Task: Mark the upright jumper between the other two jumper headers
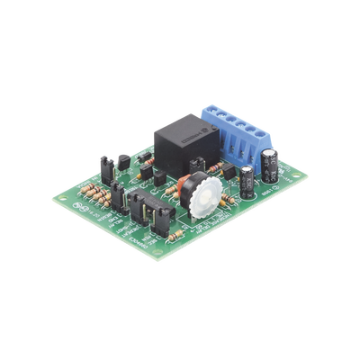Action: [x=118, y=193]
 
